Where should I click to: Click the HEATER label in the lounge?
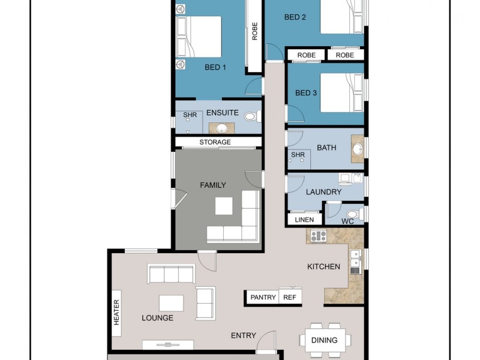116,313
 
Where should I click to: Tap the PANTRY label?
263,297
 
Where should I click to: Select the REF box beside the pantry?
290,297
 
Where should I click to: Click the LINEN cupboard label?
305,220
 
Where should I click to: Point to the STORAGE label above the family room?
215,142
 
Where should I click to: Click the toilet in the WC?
353,214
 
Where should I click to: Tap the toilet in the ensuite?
253,117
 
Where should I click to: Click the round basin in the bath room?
357,149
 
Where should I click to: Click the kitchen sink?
355,262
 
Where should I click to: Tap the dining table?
324,340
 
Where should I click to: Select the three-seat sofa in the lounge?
171,275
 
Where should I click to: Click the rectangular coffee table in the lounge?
171,302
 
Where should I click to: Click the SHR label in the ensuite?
190,115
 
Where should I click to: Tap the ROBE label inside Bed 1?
255,31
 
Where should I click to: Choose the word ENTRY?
244,335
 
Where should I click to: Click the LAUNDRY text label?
323,192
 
